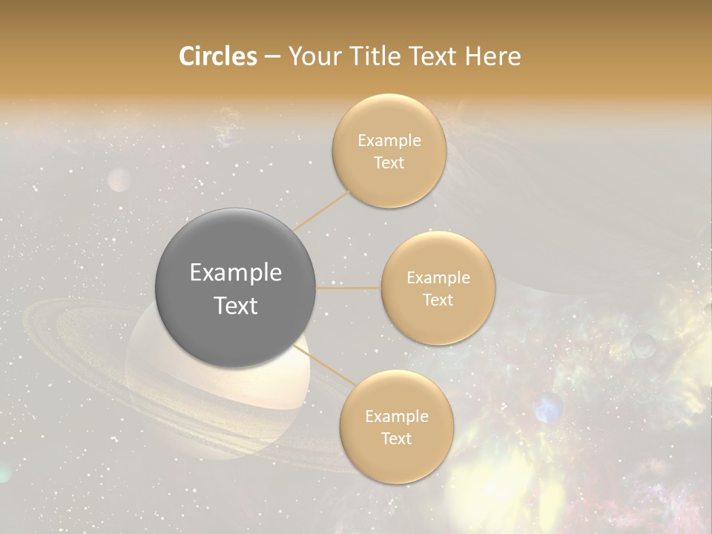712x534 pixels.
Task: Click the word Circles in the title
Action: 217,56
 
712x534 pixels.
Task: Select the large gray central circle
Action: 235,288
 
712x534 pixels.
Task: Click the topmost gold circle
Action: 389,151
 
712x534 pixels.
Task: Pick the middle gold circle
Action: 438,288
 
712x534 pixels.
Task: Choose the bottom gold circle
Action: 396,426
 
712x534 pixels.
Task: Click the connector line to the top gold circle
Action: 322,211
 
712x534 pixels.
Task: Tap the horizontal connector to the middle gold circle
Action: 348,288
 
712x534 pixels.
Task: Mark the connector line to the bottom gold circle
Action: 324,366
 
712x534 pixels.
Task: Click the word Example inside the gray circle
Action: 235,273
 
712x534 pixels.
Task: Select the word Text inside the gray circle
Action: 235,306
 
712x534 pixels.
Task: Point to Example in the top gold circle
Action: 389,140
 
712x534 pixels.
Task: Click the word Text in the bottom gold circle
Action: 396,438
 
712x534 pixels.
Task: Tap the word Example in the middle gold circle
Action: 438,277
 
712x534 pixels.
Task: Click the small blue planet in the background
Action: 548,408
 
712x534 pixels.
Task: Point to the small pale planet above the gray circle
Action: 119,179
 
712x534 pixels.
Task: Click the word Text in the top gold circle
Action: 389,162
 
